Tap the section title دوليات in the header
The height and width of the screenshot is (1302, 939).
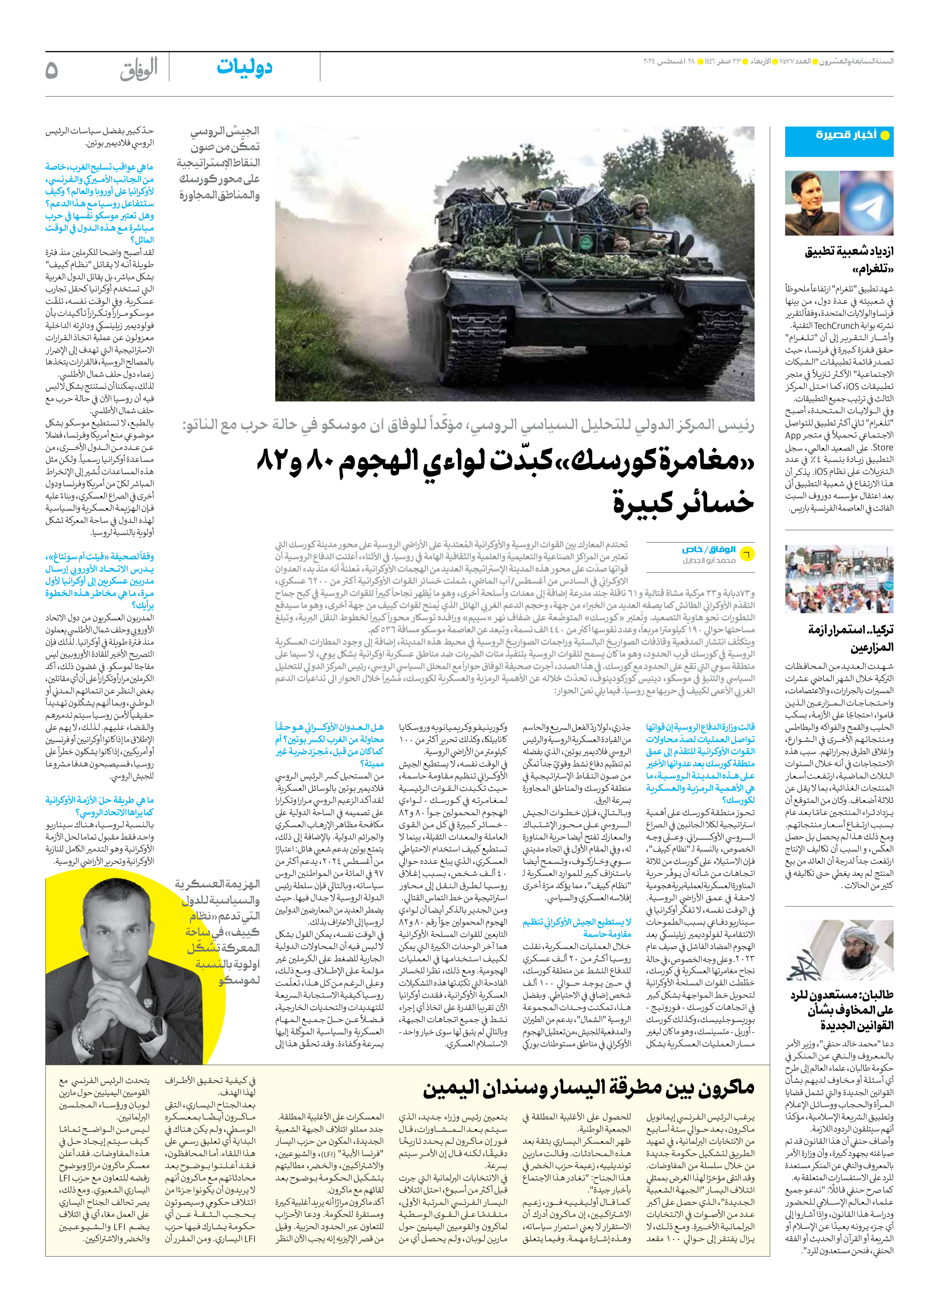[244, 68]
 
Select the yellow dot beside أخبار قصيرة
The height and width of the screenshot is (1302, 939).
[885, 136]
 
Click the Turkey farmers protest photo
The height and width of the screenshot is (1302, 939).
[839, 579]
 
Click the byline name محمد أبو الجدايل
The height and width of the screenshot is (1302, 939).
[709, 560]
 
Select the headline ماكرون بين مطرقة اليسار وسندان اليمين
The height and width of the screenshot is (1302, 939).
[588, 1087]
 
